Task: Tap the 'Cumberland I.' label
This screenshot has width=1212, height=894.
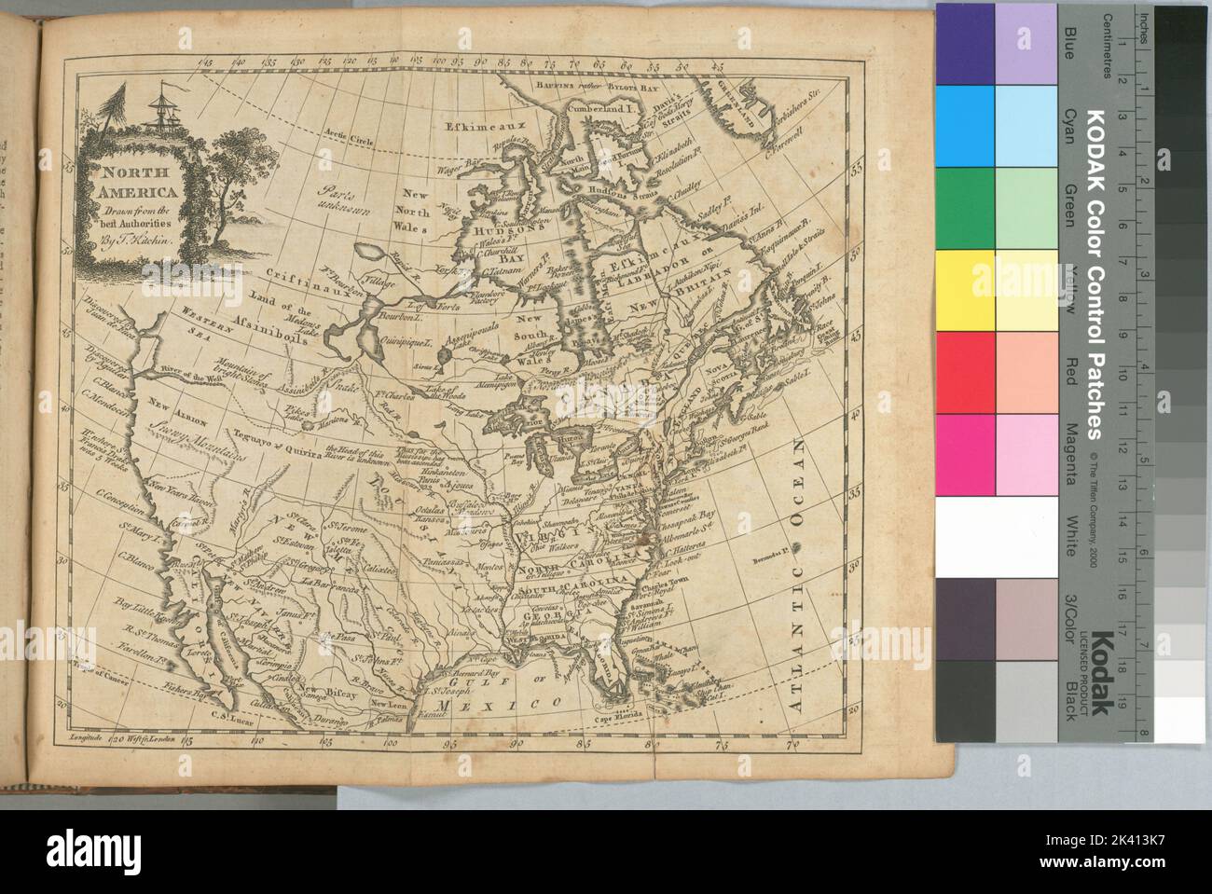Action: click(606, 108)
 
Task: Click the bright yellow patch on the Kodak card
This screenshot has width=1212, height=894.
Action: click(964, 289)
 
